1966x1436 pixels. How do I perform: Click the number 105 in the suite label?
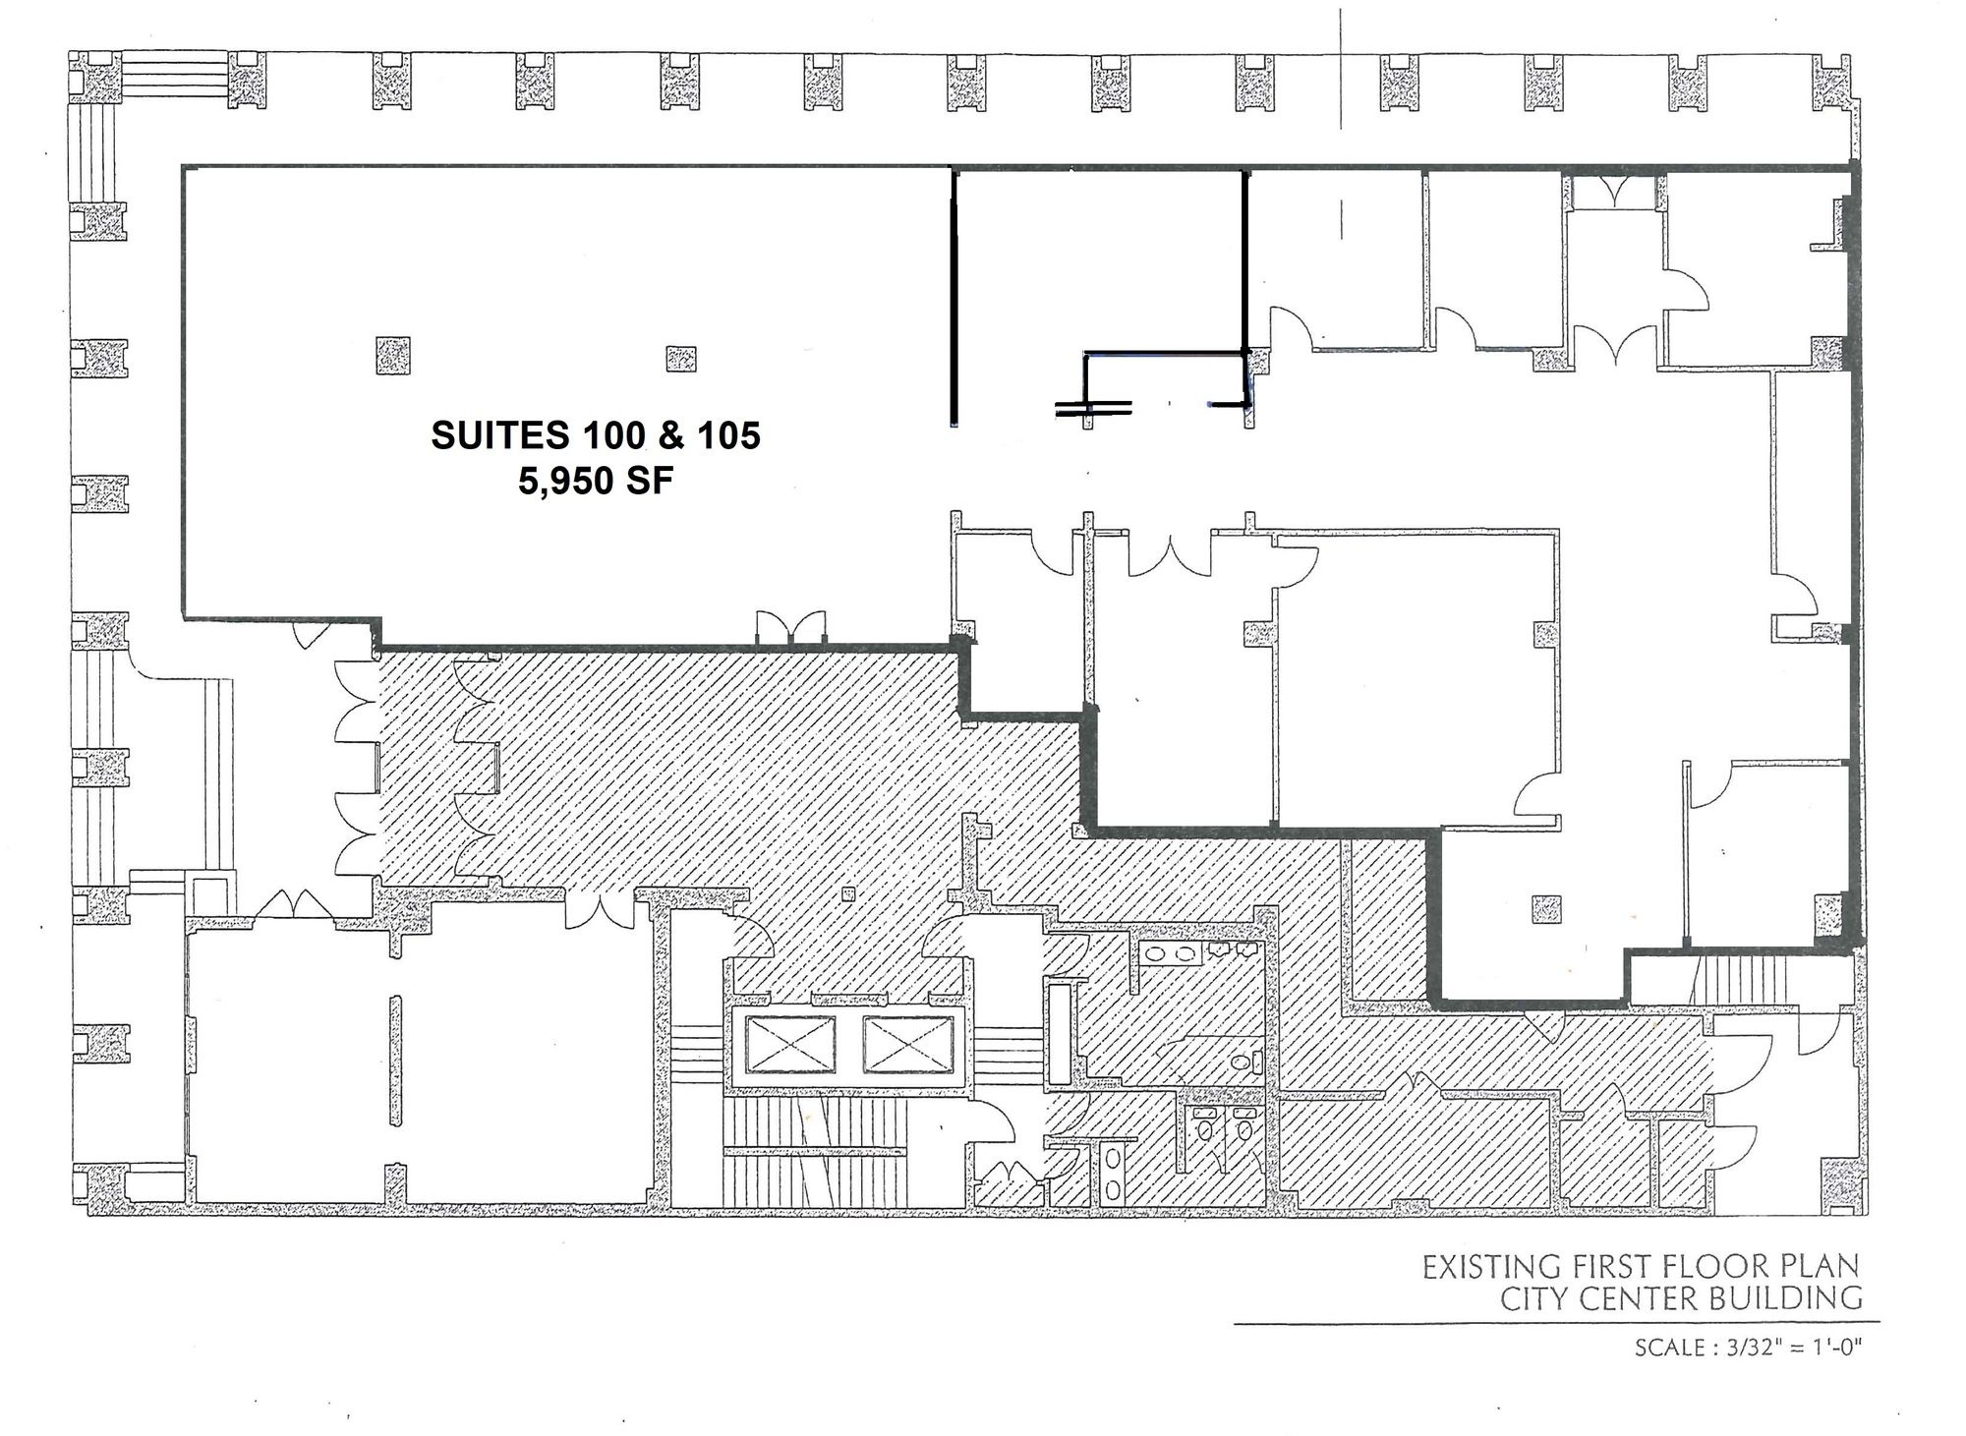click(x=727, y=435)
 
